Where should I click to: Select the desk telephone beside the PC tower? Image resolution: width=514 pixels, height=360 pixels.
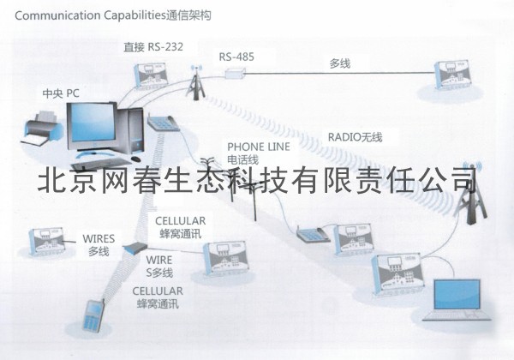(x=163, y=123)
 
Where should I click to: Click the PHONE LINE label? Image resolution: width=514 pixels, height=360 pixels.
(x=258, y=147)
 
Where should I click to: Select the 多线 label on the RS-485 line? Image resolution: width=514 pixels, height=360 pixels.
(x=339, y=64)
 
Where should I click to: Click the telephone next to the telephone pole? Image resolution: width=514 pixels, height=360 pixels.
(x=309, y=233)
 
